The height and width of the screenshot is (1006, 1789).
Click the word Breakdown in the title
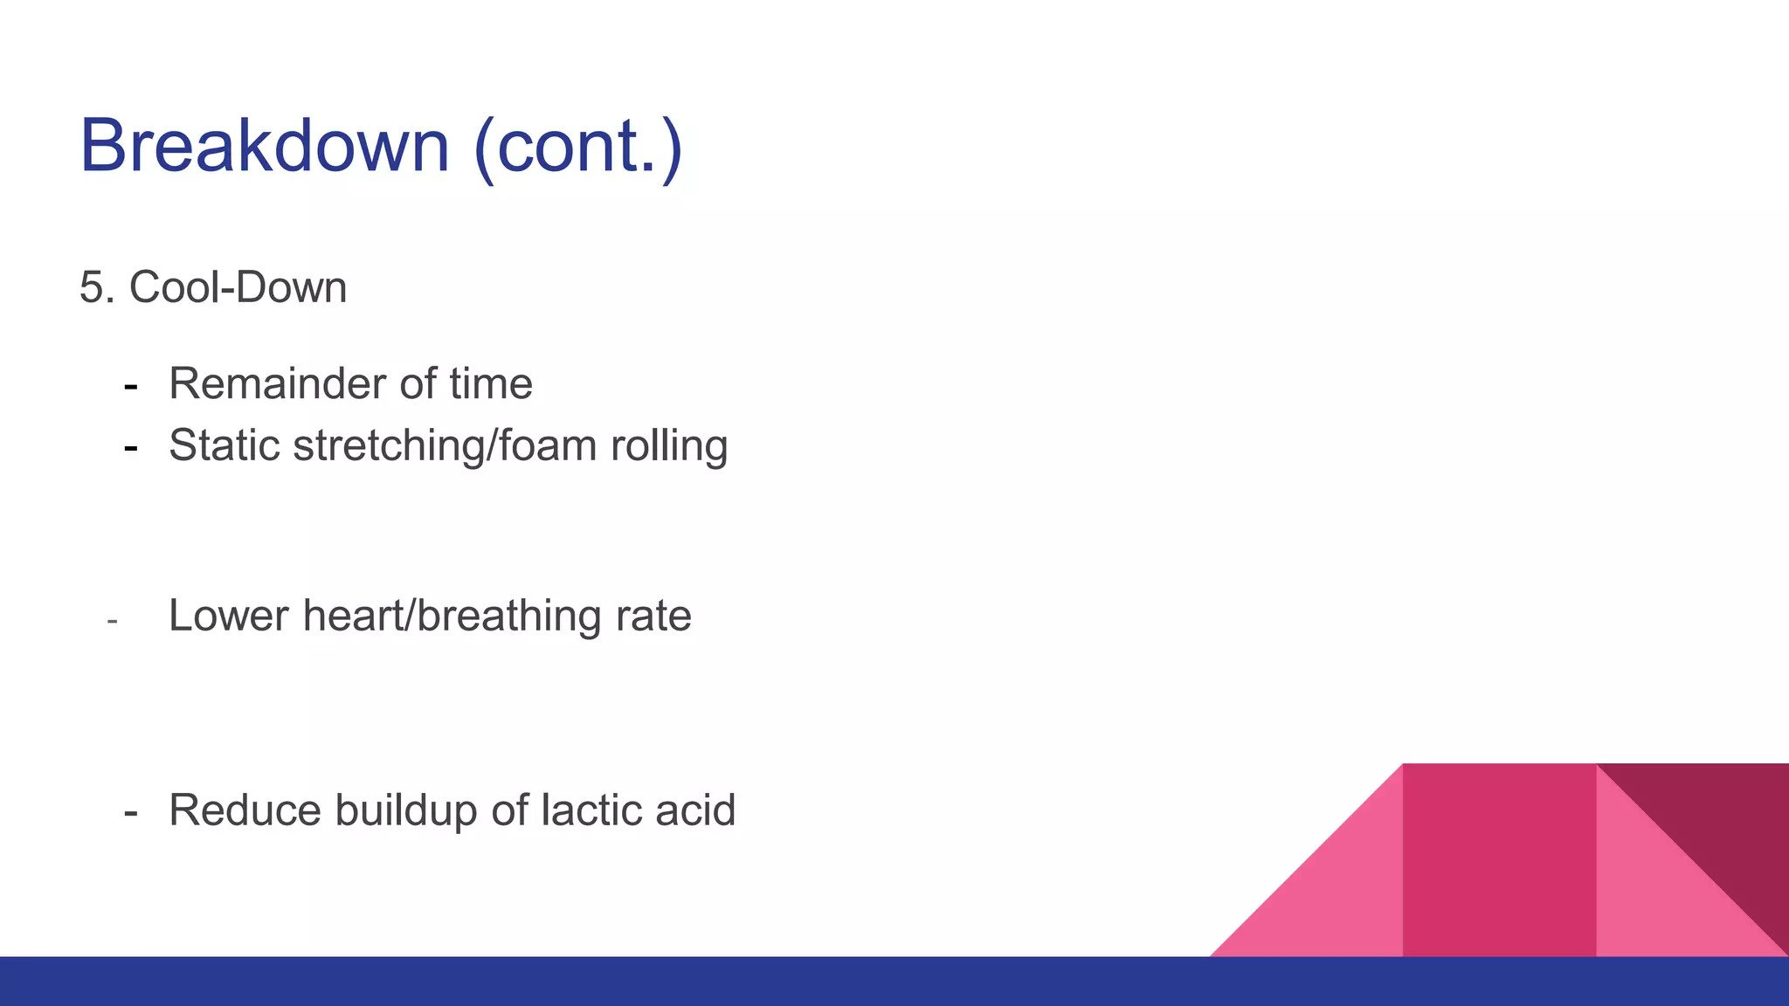tap(264, 146)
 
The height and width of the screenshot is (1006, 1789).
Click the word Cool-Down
tap(238, 287)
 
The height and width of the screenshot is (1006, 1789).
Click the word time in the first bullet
tap(491, 384)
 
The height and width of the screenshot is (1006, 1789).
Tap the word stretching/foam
tap(445, 447)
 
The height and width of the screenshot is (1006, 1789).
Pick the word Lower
tap(228, 616)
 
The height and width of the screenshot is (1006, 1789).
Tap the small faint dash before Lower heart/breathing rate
tap(112, 622)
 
